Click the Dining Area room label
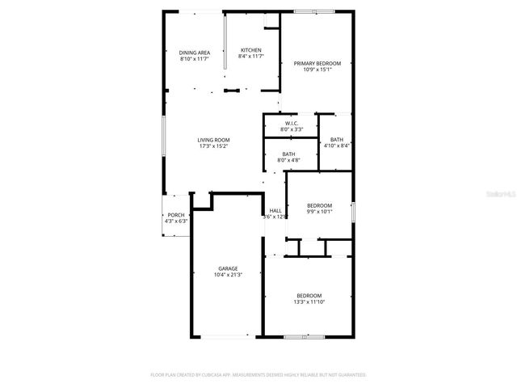point(194,53)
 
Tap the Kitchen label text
point(250,51)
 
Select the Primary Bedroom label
point(317,63)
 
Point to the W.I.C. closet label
point(292,123)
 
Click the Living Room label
point(213,140)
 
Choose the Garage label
point(228,268)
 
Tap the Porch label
point(175,215)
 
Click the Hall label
point(275,210)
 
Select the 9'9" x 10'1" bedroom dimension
point(319,212)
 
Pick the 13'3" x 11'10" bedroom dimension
point(309,302)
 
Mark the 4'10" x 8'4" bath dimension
point(336,145)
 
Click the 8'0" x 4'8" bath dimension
point(288,160)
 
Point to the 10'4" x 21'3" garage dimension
point(228,275)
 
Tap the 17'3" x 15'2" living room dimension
point(213,146)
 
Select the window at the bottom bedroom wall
point(304,336)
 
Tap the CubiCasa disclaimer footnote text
point(258,375)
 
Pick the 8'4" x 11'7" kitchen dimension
point(250,57)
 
